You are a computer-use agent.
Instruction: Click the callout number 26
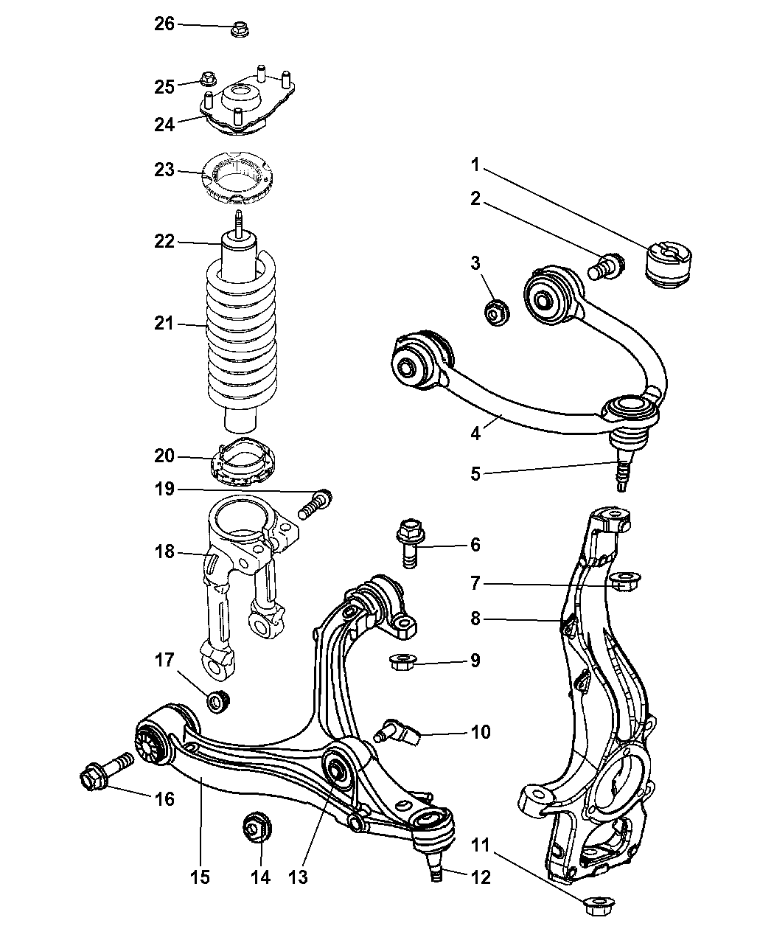164,24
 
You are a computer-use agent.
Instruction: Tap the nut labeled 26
240,30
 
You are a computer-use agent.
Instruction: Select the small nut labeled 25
208,79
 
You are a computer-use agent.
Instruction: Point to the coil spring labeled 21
241,330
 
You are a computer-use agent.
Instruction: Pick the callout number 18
164,551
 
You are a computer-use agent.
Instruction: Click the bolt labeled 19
315,504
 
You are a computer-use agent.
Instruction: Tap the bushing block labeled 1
669,265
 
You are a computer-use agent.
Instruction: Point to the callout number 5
475,474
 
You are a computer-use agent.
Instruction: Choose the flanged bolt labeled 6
410,543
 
